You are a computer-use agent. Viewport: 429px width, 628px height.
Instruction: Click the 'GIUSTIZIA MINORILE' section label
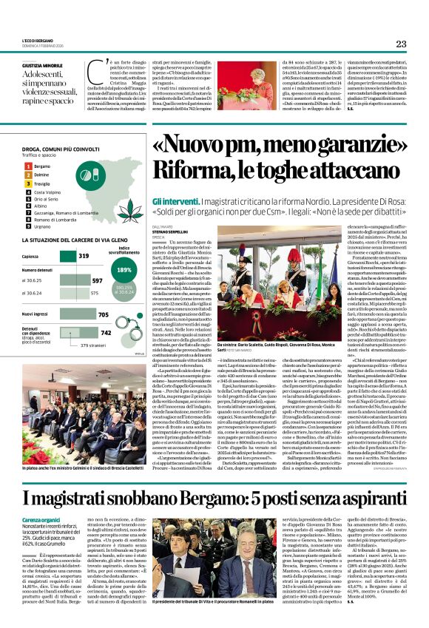[43, 65]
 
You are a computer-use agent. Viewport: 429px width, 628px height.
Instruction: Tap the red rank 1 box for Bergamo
[27, 166]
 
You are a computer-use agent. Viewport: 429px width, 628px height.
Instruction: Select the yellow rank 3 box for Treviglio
[27, 183]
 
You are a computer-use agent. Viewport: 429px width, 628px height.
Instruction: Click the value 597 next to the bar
[97, 281]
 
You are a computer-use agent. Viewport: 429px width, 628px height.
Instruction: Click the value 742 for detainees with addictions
[106, 333]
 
